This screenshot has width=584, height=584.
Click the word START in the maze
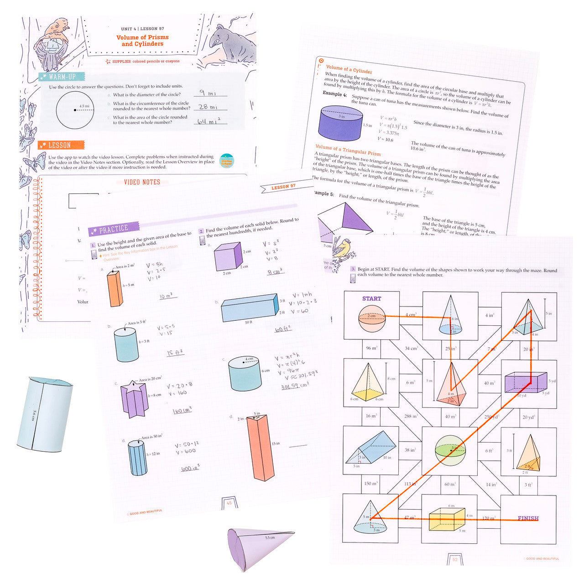(371, 299)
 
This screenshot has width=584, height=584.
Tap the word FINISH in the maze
(528, 518)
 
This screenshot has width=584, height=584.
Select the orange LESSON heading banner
(61, 145)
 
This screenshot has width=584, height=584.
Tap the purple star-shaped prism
(134, 399)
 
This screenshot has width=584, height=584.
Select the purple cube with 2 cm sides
(228, 256)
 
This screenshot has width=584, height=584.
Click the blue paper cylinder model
(45, 414)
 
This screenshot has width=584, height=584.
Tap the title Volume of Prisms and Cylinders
(142, 41)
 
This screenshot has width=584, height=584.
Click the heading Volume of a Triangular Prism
(348, 150)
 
